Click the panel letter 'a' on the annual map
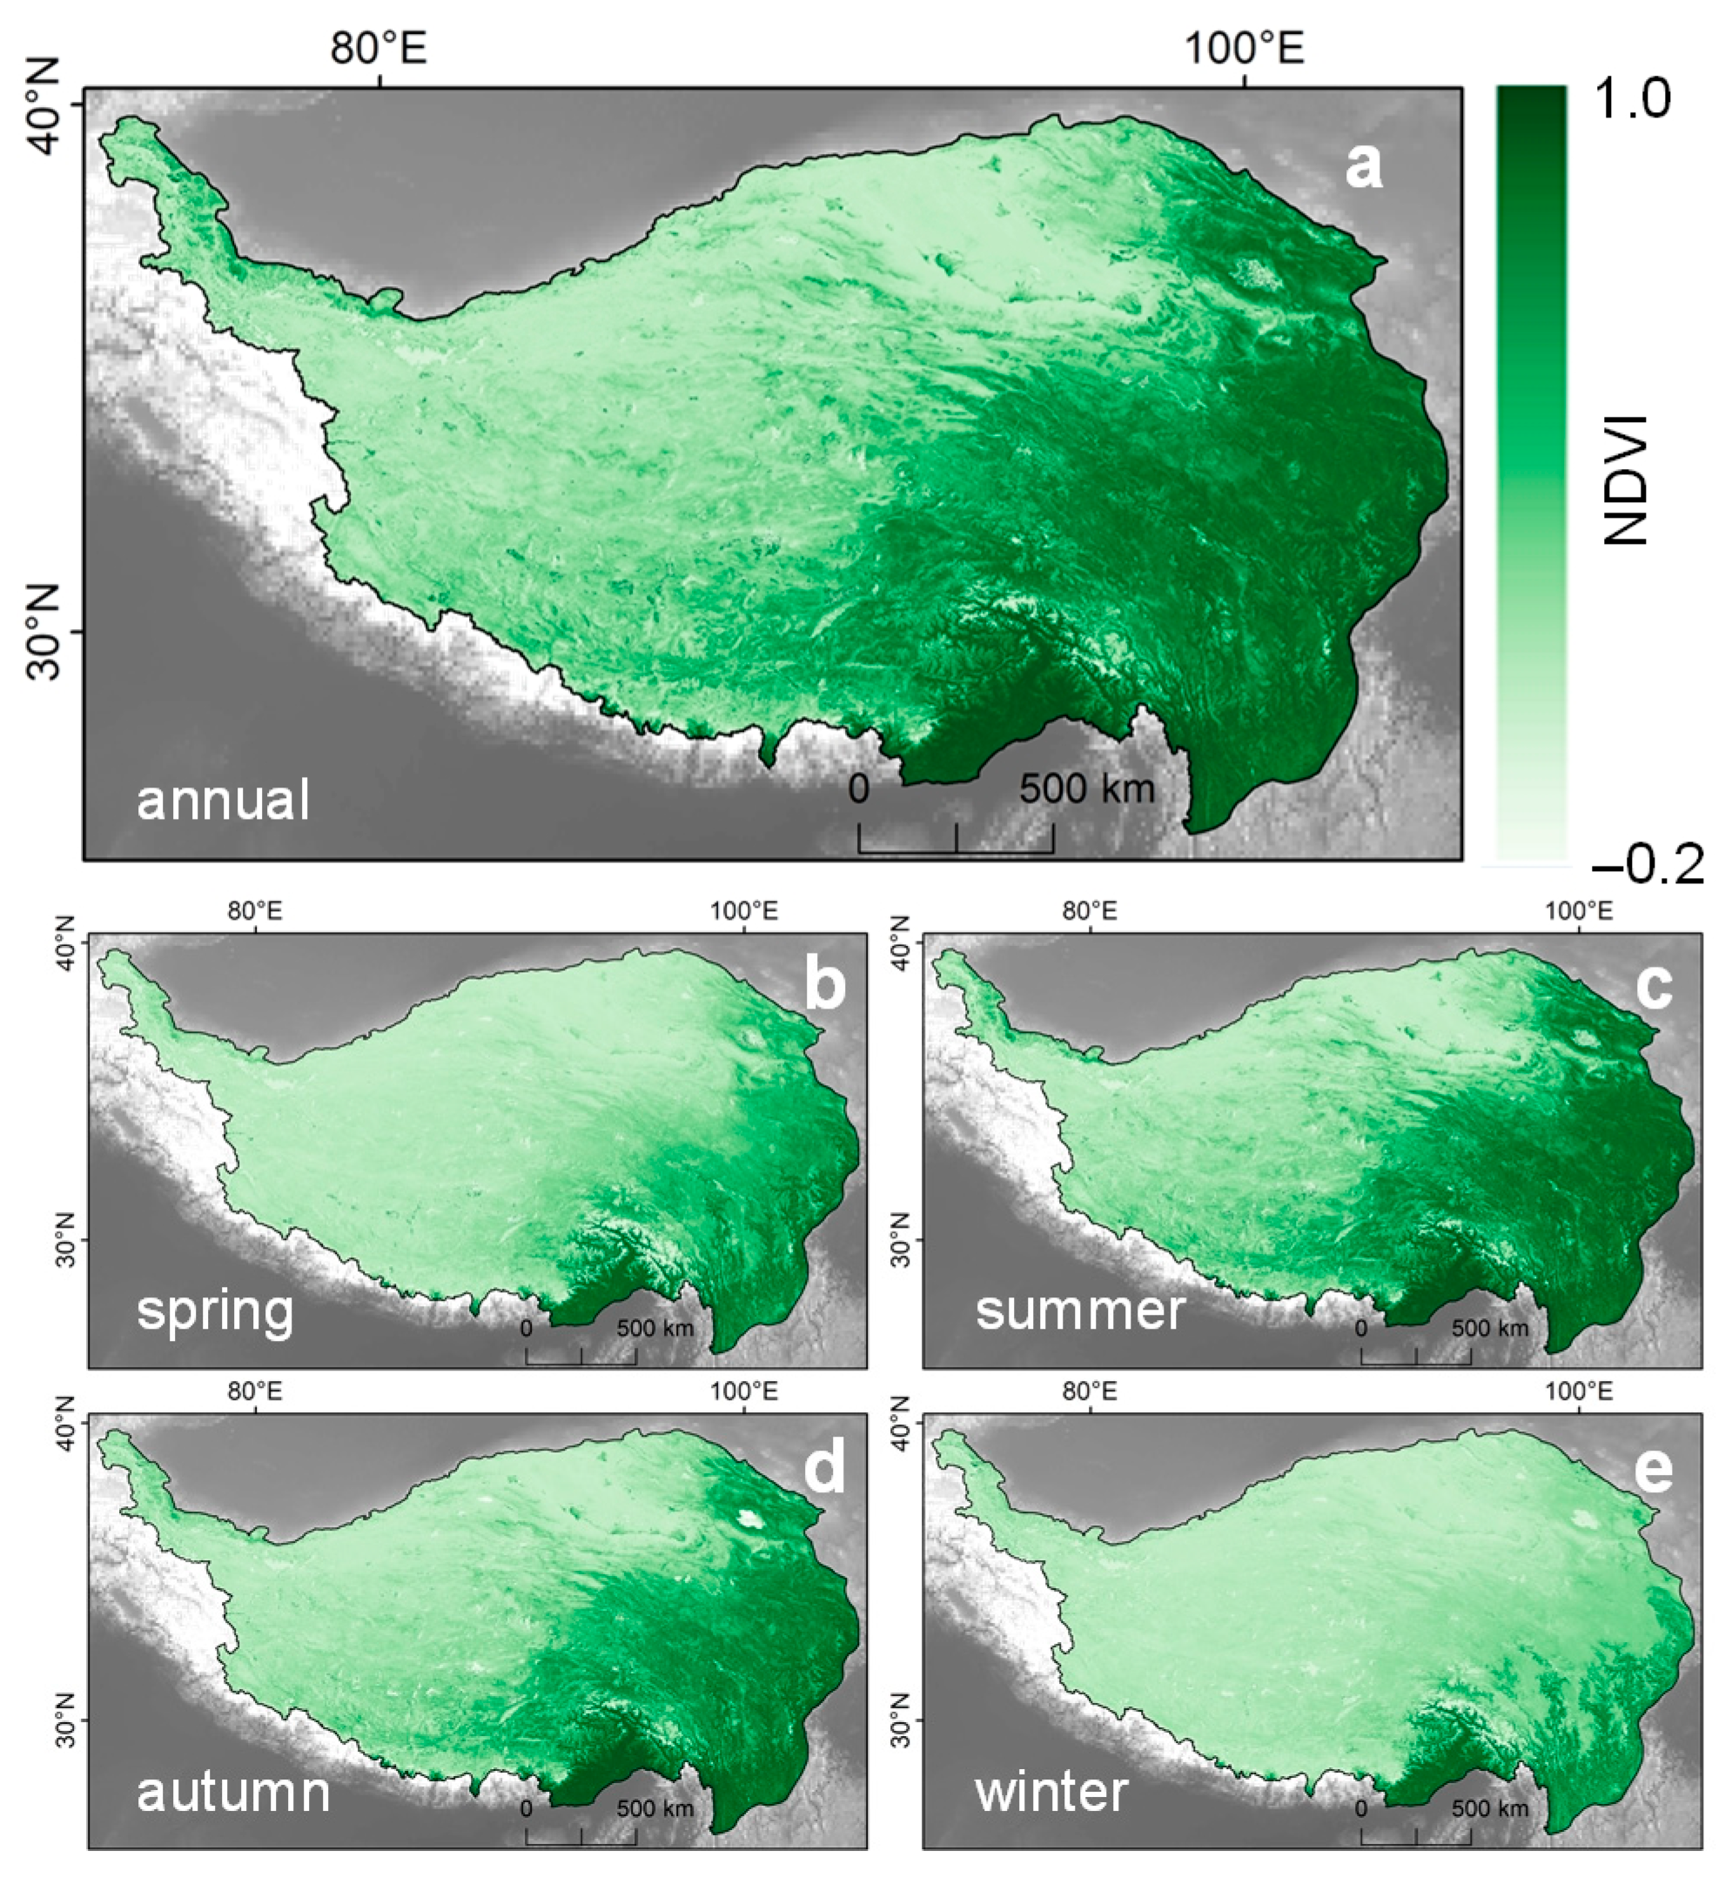tap(1364, 167)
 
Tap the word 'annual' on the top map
tap(223, 801)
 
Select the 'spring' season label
tap(215, 1310)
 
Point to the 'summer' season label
tap(1081, 1309)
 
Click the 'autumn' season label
tap(233, 1792)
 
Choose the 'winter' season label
tap(1051, 1792)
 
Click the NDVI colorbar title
tap(1627, 479)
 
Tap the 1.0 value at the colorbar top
tap(1632, 99)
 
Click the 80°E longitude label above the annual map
tap(379, 47)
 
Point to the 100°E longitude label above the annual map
tap(1245, 47)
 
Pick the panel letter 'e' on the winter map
tap(1654, 1468)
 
